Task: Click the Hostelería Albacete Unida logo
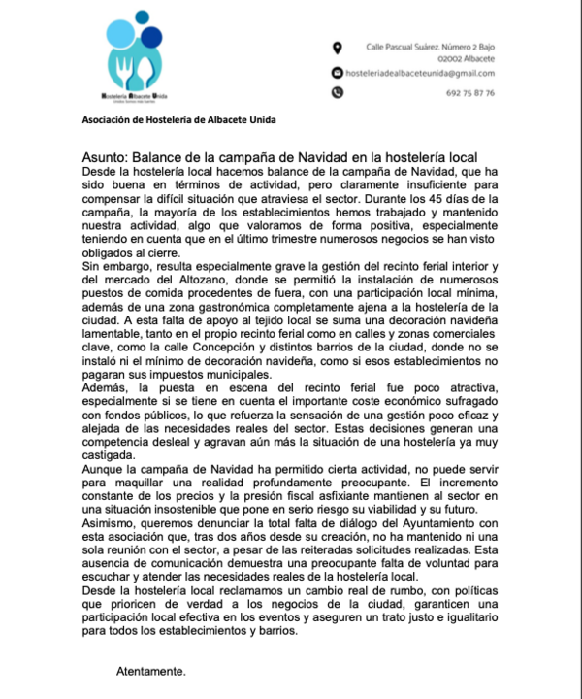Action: [x=138, y=61]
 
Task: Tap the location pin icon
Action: [x=337, y=47]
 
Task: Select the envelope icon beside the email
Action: [x=337, y=73]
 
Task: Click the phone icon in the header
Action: [x=337, y=93]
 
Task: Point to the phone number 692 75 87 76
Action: [x=470, y=93]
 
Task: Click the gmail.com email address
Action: [x=420, y=73]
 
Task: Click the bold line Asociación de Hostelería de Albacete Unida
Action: [x=178, y=118]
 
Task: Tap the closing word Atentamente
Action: [x=150, y=671]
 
